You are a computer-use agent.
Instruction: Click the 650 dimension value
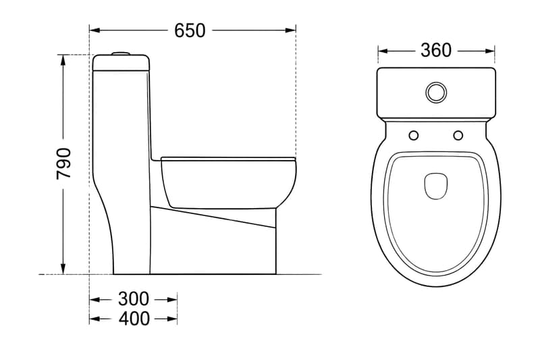(190, 30)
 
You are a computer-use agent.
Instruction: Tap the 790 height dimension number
(63, 163)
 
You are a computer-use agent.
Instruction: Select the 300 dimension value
(134, 299)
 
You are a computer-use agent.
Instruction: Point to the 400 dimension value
(134, 319)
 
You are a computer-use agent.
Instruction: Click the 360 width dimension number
(435, 51)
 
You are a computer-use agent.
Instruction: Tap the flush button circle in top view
(436, 93)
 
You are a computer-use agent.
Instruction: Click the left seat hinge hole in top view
(414, 135)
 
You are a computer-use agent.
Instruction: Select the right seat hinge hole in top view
(458, 135)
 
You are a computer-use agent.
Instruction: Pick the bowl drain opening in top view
(436, 186)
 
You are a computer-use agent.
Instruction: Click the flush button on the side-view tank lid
(121, 53)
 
